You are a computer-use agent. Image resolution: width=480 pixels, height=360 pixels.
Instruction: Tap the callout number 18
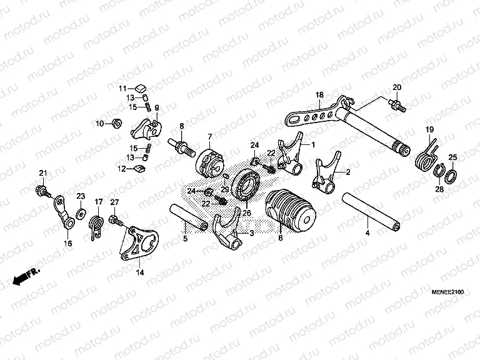click(x=319, y=95)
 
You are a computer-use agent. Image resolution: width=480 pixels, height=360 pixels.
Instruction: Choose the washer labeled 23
click(x=81, y=214)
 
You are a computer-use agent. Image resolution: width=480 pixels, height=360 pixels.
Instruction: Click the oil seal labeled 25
click(x=454, y=176)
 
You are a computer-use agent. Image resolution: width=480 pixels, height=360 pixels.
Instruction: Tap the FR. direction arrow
click(x=25, y=276)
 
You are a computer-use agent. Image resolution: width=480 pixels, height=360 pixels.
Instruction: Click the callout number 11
click(x=123, y=87)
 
